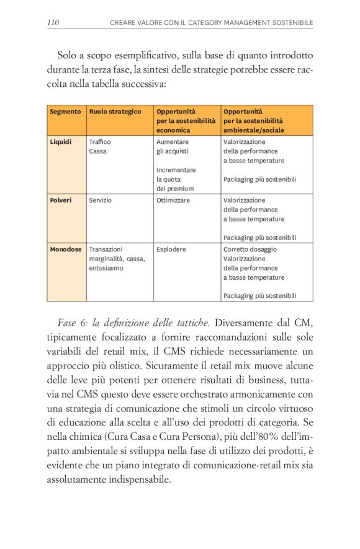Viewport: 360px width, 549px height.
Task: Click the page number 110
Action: (x=53, y=22)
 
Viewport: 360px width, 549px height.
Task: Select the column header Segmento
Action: (x=65, y=112)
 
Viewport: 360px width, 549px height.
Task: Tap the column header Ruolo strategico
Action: (x=115, y=112)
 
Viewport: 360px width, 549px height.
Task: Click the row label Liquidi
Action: (x=61, y=142)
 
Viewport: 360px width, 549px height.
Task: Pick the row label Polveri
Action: (x=61, y=200)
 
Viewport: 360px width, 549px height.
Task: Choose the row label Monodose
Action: (x=66, y=249)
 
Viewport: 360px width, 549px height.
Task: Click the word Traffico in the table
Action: (x=100, y=142)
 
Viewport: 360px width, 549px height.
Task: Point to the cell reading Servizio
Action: (x=101, y=200)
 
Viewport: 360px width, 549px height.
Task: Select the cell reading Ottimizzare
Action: (x=173, y=200)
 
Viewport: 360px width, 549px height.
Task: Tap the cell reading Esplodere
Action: (x=170, y=249)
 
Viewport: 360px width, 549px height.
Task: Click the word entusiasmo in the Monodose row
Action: (x=106, y=268)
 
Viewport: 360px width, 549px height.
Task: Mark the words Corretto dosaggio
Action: (x=250, y=249)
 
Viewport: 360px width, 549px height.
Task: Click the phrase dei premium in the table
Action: (x=175, y=189)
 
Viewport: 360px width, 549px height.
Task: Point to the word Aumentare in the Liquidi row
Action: (x=172, y=142)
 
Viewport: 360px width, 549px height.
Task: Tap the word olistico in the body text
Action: (x=126, y=367)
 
